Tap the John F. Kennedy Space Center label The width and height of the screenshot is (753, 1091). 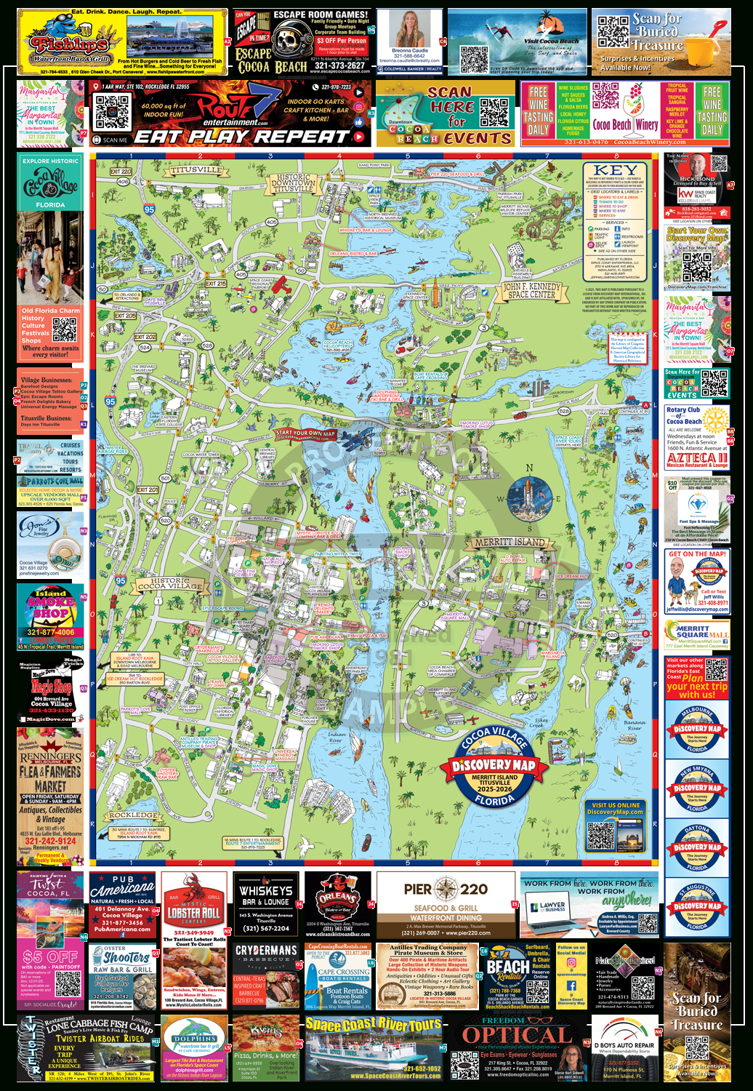click(533, 290)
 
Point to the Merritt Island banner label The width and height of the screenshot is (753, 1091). click(510, 542)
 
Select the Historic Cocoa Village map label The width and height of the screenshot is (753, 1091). click(170, 583)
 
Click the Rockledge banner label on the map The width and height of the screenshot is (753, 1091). click(132, 815)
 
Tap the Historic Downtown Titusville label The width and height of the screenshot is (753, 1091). click(293, 183)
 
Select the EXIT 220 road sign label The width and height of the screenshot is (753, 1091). click(121, 172)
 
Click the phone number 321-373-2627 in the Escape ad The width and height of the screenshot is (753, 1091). click(339, 65)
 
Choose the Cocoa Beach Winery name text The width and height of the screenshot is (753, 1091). click(625, 124)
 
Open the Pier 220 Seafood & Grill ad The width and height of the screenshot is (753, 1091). click(446, 904)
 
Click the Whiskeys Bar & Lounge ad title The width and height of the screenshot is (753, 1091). click(266, 895)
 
